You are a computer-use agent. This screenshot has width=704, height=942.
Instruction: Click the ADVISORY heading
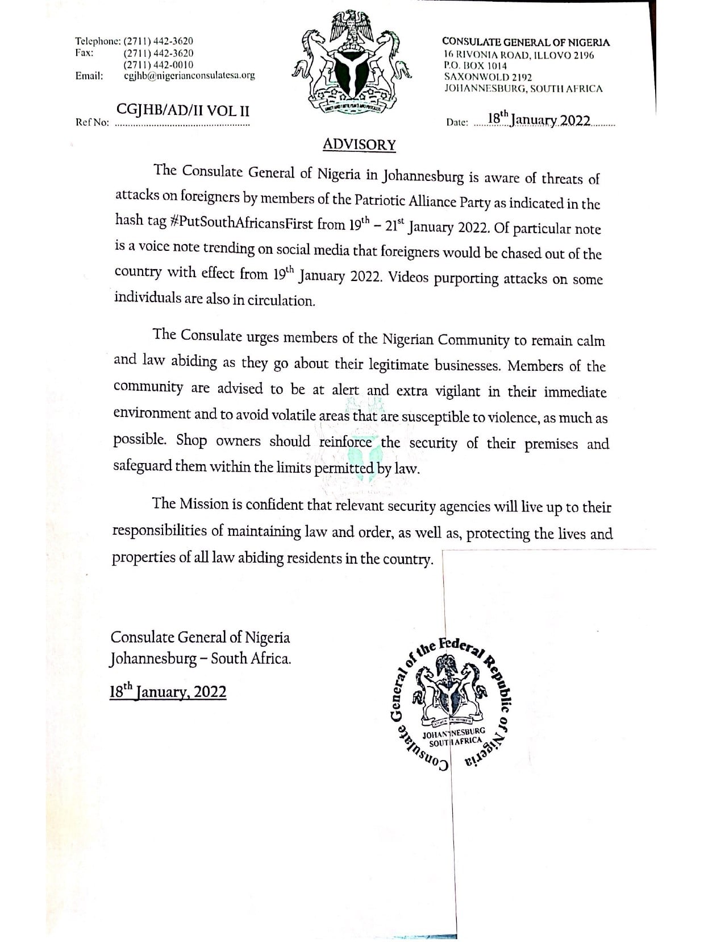[x=359, y=144]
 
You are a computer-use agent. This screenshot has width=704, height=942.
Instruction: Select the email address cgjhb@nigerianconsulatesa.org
[x=189, y=76]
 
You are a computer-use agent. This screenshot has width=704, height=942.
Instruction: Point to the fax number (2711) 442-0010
[x=158, y=65]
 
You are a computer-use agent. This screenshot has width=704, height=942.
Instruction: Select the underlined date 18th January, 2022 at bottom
[x=168, y=692]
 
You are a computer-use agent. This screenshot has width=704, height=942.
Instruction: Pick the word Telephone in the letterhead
[x=97, y=41]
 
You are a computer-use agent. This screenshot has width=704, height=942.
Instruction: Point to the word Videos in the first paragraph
[x=408, y=277]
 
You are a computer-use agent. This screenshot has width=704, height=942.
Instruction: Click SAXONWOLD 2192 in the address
[x=488, y=77]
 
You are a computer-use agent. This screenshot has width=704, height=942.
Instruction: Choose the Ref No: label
[x=91, y=122]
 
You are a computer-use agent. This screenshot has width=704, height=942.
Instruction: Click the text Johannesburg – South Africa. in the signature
[x=200, y=659]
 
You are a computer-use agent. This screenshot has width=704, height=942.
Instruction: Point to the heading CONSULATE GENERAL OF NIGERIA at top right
[x=526, y=42]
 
